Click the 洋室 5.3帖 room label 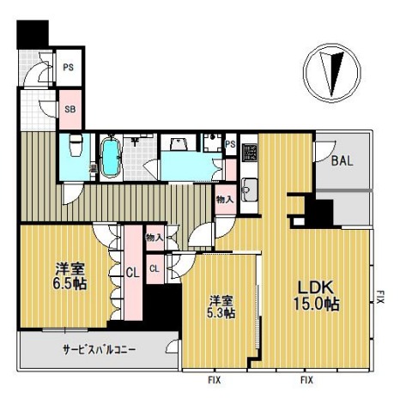221,306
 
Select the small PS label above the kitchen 230,144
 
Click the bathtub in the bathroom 112,157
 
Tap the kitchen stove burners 249,153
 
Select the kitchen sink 247,187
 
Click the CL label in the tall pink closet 132,274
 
